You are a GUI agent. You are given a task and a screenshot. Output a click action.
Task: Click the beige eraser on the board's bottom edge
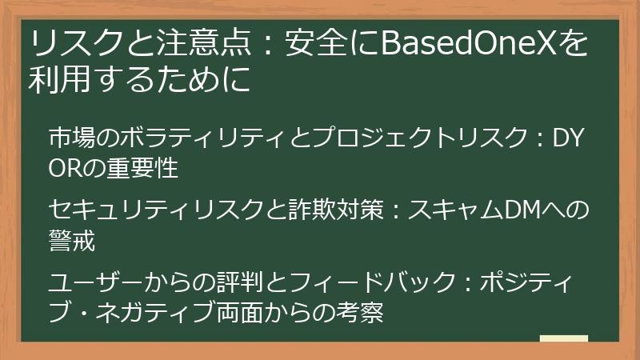[563, 340]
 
